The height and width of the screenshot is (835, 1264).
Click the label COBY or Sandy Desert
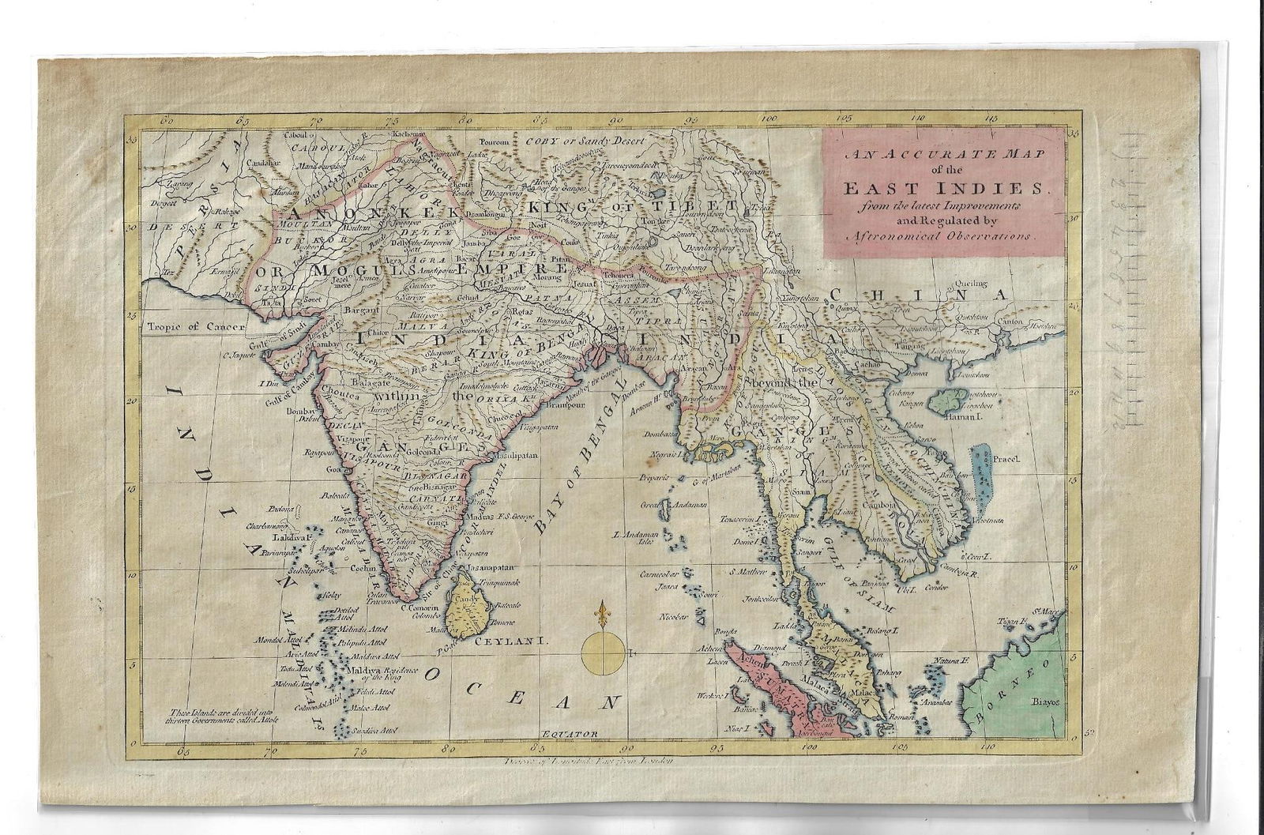coord(585,141)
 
